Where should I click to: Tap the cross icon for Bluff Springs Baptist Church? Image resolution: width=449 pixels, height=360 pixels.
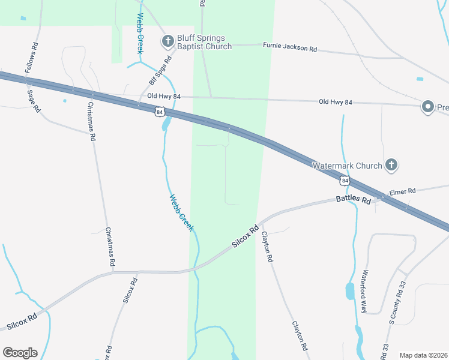tap(167, 41)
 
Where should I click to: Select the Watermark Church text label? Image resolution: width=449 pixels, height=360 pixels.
tap(347, 165)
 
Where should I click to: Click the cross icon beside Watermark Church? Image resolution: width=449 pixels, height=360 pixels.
tap(391, 165)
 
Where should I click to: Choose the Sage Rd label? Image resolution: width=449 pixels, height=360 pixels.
tap(34, 100)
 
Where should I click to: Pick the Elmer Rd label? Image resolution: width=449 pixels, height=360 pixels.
tap(402, 191)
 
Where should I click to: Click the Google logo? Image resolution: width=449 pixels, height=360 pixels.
tap(20, 353)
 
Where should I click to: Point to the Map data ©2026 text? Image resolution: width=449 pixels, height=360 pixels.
tap(423, 355)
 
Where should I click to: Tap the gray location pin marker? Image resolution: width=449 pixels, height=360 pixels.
tap(428, 107)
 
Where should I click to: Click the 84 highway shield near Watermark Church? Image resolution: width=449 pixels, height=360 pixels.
tap(344, 179)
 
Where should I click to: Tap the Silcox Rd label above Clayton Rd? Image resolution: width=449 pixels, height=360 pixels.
tap(246, 238)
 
